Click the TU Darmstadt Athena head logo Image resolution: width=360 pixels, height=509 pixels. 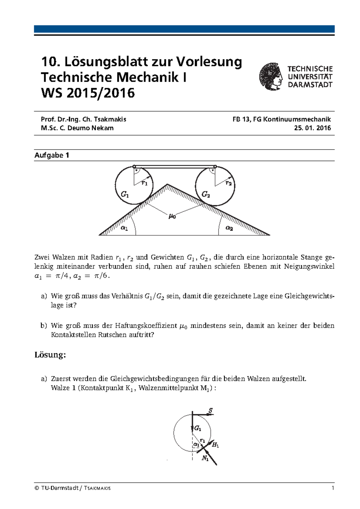pos(271,76)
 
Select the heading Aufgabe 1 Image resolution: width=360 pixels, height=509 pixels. pos(52,155)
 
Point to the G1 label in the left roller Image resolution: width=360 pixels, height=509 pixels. pos(125,195)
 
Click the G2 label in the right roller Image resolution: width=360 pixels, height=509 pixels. pos(205,194)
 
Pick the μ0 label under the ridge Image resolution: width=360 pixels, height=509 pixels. pos(172,216)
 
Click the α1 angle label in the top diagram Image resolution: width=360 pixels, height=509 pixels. pos(124,228)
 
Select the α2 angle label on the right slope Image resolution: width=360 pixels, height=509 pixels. pos(229,228)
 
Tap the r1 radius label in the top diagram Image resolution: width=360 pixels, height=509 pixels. pos(145,183)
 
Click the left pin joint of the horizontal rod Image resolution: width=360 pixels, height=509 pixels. pos(134,166)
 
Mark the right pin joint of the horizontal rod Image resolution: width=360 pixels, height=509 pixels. pos(215,166)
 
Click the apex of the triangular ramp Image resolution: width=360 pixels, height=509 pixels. pos(167,184)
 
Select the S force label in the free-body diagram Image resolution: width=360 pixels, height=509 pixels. pos(211,411)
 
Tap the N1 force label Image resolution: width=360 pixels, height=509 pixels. pos(205,458)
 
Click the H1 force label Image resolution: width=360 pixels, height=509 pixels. pos(215,445)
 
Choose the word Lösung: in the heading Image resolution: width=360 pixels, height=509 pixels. pos(50,355)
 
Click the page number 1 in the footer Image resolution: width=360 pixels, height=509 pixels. pos(333,488)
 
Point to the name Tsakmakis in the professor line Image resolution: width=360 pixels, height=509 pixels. pos(110,119)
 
